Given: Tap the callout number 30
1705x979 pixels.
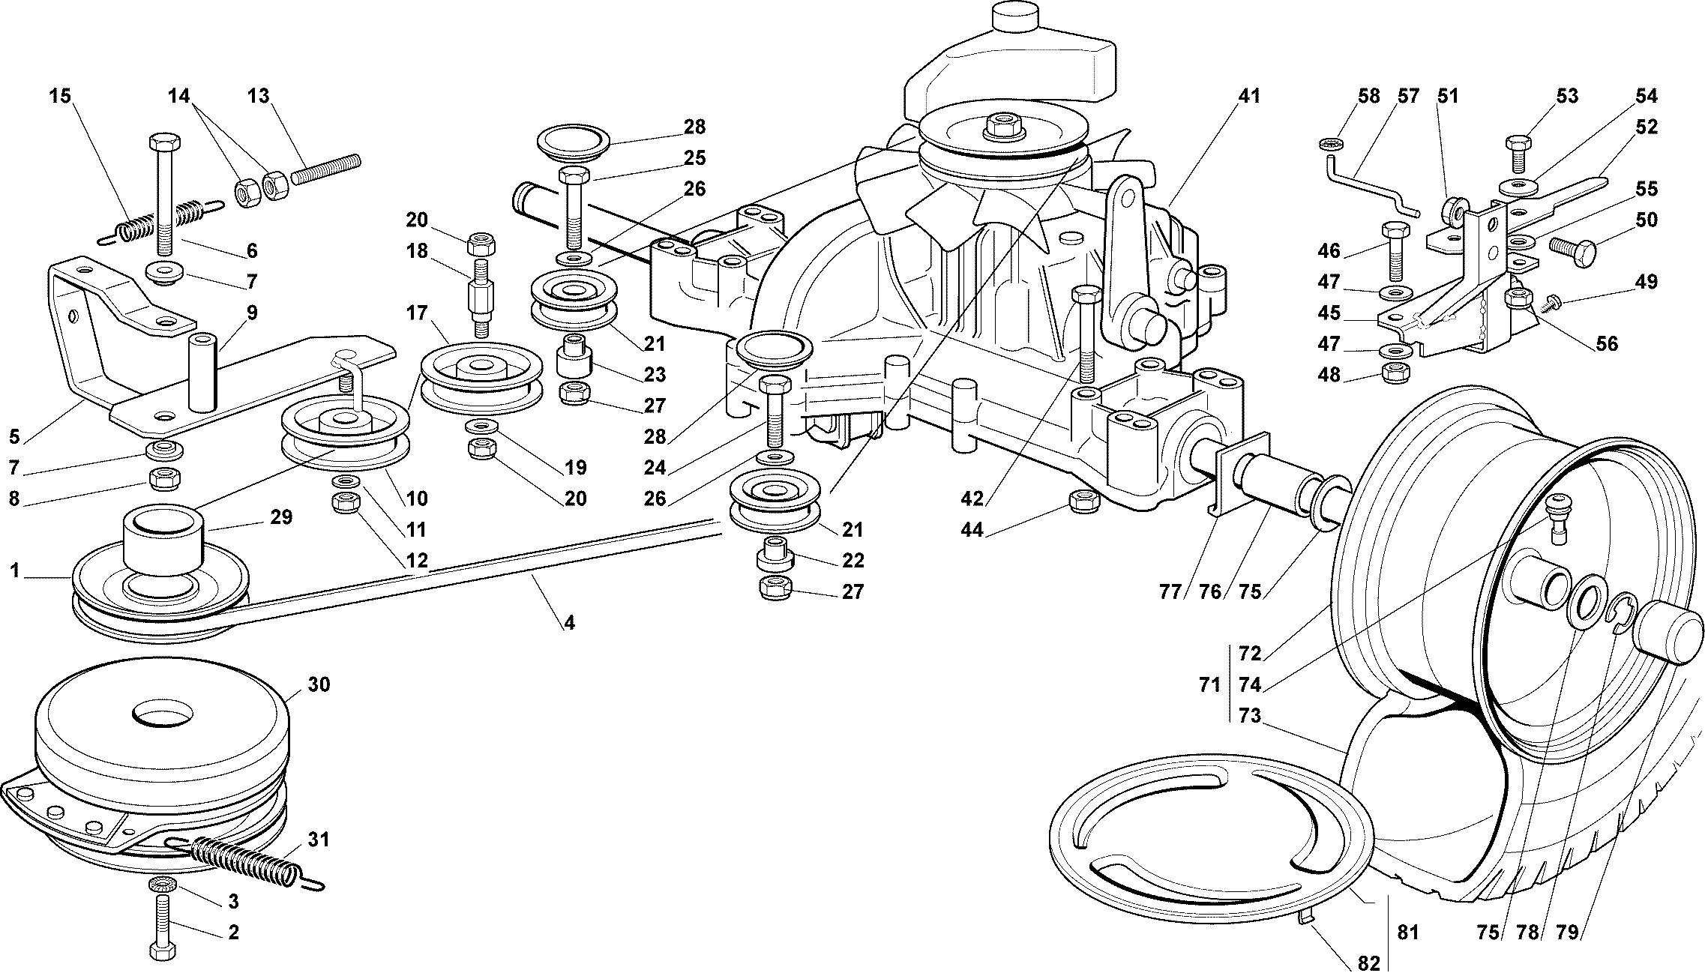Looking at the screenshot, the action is click(x=319, y=684).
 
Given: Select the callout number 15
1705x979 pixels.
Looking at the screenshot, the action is click(x=60, y=97).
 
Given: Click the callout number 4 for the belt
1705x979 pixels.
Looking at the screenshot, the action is click(x=570, y=623).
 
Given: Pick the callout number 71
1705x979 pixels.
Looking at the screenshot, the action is click(x=1209, y=684).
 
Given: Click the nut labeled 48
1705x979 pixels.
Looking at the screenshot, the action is click(x=1393, y=372).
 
